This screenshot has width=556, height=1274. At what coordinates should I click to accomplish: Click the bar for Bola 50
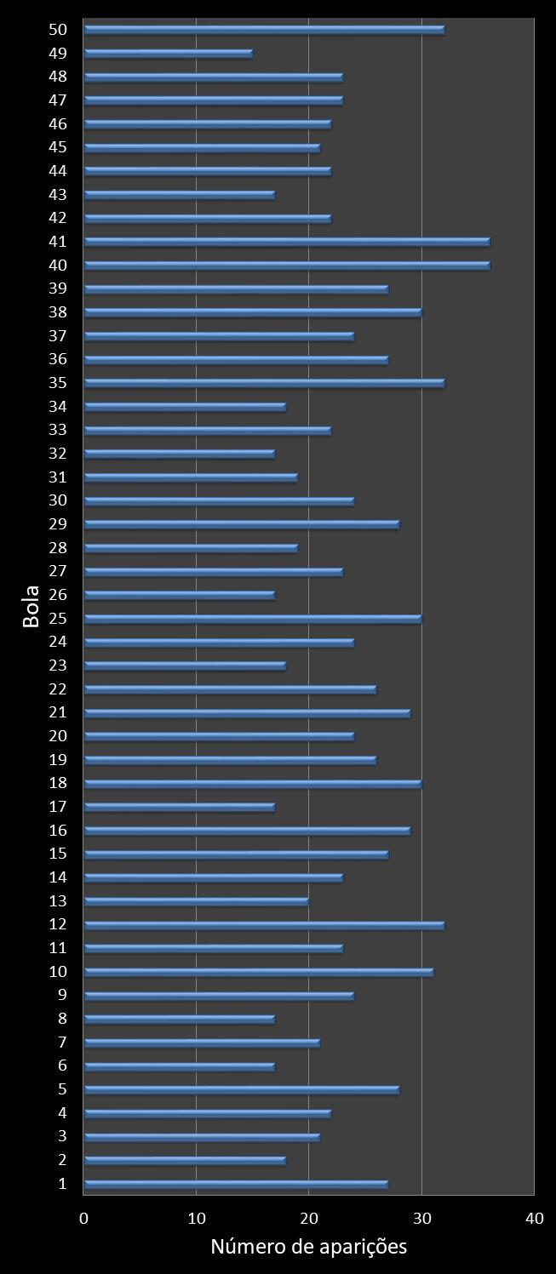264,30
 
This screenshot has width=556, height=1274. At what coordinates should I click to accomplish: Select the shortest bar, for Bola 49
168,54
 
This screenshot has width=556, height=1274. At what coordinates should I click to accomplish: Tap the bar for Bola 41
287,242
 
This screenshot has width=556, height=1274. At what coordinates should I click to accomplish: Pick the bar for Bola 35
264,383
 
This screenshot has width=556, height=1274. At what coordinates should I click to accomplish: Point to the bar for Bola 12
264,924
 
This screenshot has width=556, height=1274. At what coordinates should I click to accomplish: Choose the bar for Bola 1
236,1184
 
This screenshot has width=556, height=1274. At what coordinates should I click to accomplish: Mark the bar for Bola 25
253,618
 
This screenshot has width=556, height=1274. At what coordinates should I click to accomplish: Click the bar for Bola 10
259,972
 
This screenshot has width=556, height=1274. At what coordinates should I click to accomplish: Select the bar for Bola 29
242,524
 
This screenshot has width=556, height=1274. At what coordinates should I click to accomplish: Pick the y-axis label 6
62,1065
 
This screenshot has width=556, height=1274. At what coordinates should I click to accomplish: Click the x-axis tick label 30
421,1219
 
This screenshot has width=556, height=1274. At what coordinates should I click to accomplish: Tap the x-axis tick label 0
83,1219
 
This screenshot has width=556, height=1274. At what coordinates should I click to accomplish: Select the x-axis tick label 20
309,1219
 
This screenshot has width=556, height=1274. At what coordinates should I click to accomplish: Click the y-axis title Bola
32,606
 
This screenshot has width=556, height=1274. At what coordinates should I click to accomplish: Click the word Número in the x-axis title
246,1248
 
